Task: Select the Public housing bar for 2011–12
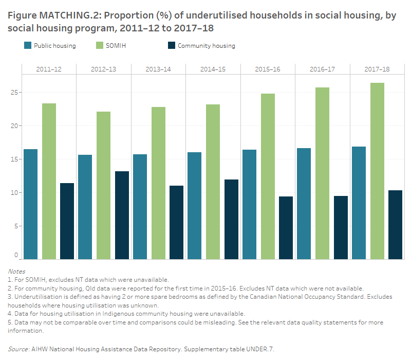pyautogui.click(x=30, y=204)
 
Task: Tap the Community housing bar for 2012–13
pyautogui.click(x=122, y=215)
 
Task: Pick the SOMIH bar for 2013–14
pyautogui.click(x=158, y=183)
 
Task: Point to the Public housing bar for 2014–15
pyautogui.click(x=195, y=206)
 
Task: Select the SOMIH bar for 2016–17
pyautogui.click(x=322, y=173)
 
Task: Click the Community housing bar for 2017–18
pyautogui.click(x=395, y=225)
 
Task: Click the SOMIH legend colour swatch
pyautogui.click(x=100, y=46)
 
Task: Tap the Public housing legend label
pyautogui.click(x=54, y=46)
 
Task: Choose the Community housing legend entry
pyautogui.click(x=206, y=46)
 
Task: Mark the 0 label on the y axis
pyautogui.click(x=16, y=255)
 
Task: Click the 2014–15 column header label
pyautogui.click(x=213, y=69)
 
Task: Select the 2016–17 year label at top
pyautogui.click(x=322, y=69)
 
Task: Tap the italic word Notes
pyautogui.click(x=16, y=271)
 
